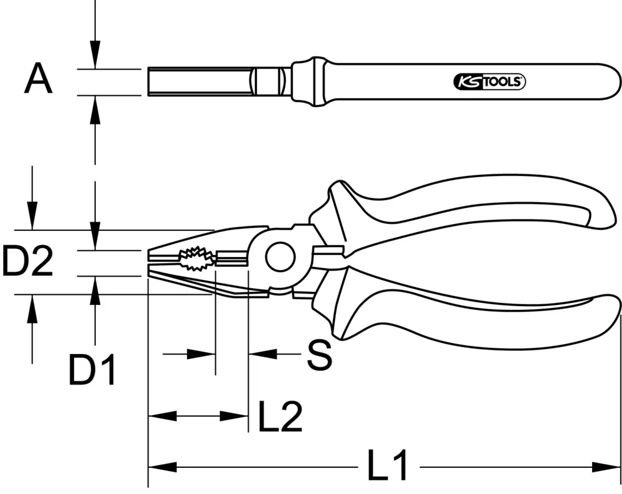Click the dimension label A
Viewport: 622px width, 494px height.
[x=38, y=81]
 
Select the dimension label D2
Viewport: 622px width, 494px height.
[x=27, y=262]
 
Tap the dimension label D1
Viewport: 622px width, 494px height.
[x=92, y=371]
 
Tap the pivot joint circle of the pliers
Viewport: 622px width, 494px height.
[x=280, y=258]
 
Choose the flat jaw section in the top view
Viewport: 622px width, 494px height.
[x=199, y=81]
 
